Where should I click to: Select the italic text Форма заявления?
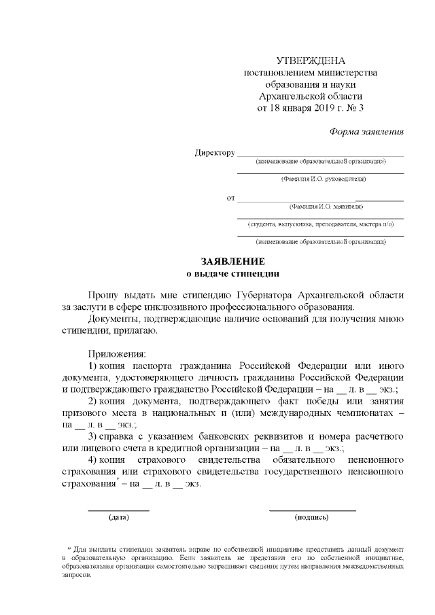click(366, 131)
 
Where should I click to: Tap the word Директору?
click(215, 152)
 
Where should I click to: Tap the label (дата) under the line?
click(119, 517)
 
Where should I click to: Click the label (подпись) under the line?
click(312, 517)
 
